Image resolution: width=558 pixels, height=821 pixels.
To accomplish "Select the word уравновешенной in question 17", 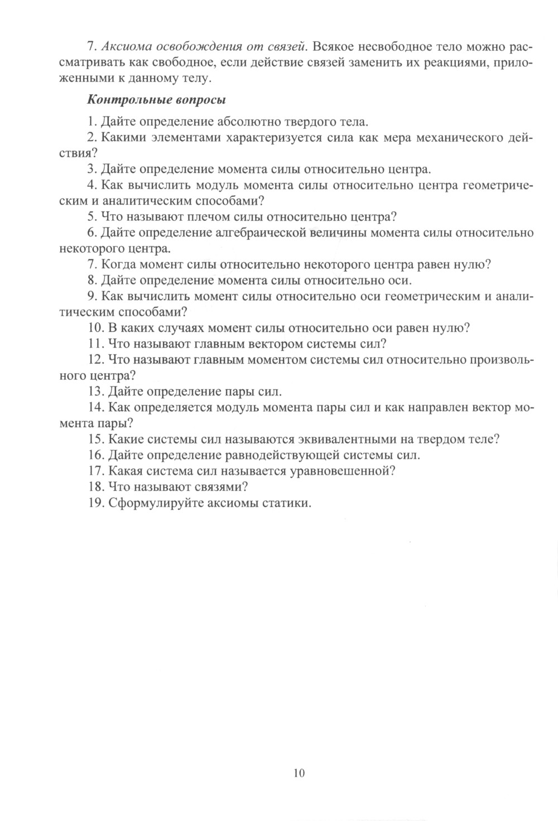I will tap(341, 471).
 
